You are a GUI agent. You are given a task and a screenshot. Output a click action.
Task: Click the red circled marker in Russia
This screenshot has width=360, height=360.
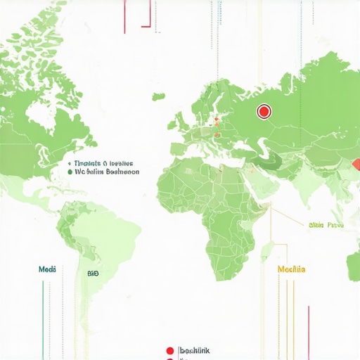point(264,110)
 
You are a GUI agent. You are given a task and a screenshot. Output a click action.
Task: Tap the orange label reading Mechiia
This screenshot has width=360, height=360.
point(291,269)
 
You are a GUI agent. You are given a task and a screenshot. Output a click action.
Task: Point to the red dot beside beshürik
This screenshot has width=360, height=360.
point(169,349)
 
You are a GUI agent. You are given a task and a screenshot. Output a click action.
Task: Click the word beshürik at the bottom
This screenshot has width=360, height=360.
point(195,349)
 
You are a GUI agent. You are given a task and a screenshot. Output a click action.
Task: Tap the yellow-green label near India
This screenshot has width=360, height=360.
point(326,226)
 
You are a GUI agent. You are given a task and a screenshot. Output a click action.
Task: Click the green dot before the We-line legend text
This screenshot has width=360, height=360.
point(70,171)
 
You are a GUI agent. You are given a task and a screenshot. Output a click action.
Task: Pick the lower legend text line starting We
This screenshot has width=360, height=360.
point(107,171)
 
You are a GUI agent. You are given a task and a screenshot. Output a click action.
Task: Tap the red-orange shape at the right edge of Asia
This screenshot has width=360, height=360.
point(356,165)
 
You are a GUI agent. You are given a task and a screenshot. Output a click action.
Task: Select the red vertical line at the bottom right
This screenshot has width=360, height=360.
point(308,330)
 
